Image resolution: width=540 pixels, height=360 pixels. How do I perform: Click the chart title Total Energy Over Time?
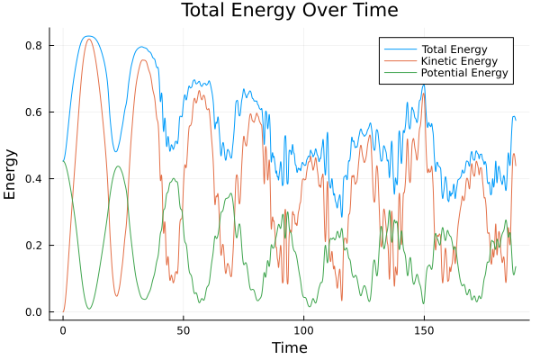pos(289,11)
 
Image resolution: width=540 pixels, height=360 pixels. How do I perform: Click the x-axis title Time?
pos(289,347)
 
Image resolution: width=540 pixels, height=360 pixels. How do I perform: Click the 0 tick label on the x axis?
pos(63,329)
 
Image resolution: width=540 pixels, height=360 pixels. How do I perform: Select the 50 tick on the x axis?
pos(184,329)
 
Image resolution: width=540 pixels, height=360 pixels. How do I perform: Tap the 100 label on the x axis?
pos(304,329)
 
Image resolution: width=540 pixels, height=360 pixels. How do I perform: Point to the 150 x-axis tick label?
pos(424,329)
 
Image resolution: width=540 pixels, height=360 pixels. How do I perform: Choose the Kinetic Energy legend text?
pos(458,61)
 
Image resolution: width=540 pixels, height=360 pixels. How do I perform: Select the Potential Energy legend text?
pos(464,73)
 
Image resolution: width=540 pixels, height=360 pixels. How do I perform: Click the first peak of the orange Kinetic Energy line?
pos(88,39)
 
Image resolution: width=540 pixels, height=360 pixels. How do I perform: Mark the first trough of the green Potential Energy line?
pos(89,309)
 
